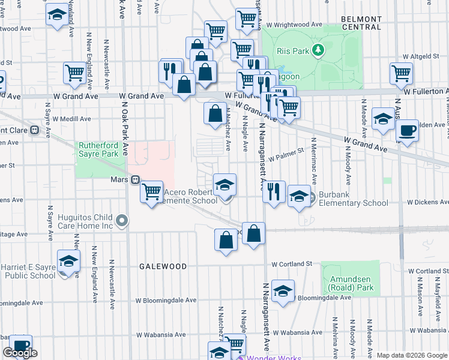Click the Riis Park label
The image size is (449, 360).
click(x=292, y=51)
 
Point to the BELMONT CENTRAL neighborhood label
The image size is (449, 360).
click(x=361, y=23)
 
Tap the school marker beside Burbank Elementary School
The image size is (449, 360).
click(x=299, y=196)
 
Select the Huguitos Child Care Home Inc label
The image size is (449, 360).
click(x=82, y=221)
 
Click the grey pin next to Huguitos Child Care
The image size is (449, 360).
click(x=122, y=221)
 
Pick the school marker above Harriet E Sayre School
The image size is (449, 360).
click(x=69, y=262)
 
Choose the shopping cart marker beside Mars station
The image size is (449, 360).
click(x=152, y=192)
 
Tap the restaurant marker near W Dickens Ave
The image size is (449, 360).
click(x=273, y=192)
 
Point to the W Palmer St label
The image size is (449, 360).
click(x=287, y=158)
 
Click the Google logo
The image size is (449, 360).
click(x=20, y=353)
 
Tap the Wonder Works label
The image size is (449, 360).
click(x=269, y=358)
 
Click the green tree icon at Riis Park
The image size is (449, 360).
click(x=320, y=50)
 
